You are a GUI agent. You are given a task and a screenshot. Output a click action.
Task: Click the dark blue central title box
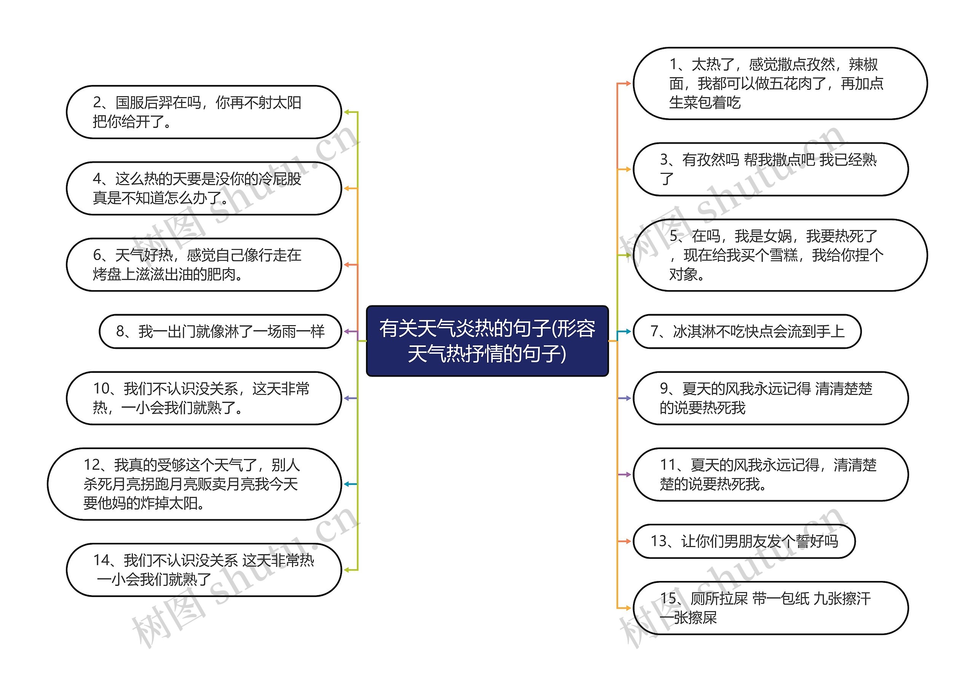(x=487, y=341)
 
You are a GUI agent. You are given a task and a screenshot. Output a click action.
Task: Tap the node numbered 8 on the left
(x=220, y=331)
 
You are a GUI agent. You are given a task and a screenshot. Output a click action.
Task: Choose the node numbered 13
(x=743, y=541)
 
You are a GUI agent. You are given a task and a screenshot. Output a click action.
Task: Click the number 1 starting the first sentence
(x=673, y=64)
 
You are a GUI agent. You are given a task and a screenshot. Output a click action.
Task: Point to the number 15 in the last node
(x=668, y=599)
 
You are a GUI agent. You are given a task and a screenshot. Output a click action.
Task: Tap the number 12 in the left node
(x=91, y=465)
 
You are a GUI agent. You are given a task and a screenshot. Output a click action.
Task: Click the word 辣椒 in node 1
(x=863, y=64)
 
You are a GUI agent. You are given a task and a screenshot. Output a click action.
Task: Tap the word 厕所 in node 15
(x=705, y=599)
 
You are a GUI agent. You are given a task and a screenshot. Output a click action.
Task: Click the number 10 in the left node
(x=101, y=389)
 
